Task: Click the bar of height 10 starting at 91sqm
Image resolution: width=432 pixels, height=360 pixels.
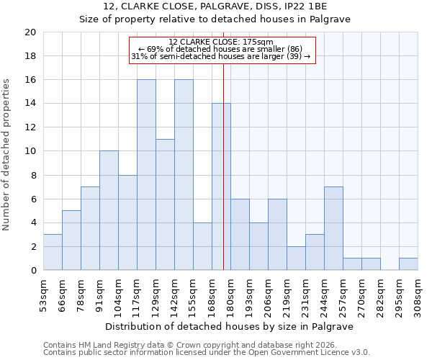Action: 109,210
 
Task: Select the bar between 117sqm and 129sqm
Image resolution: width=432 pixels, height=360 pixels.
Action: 146,175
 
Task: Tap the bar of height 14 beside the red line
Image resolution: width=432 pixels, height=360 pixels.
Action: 221,186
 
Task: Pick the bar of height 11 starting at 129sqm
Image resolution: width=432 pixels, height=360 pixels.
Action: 165,204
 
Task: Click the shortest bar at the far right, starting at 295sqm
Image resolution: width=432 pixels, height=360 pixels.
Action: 408,264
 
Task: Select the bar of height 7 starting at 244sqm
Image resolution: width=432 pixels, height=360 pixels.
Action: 333,228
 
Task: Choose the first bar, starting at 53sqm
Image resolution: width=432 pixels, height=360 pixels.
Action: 53,252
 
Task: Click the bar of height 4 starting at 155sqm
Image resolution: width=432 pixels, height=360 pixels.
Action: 202,246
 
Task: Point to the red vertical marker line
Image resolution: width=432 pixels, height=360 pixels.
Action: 224,180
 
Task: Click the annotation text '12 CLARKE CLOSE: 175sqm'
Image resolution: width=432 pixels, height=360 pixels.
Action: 221,42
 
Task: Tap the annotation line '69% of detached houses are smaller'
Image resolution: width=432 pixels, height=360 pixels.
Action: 221,49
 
